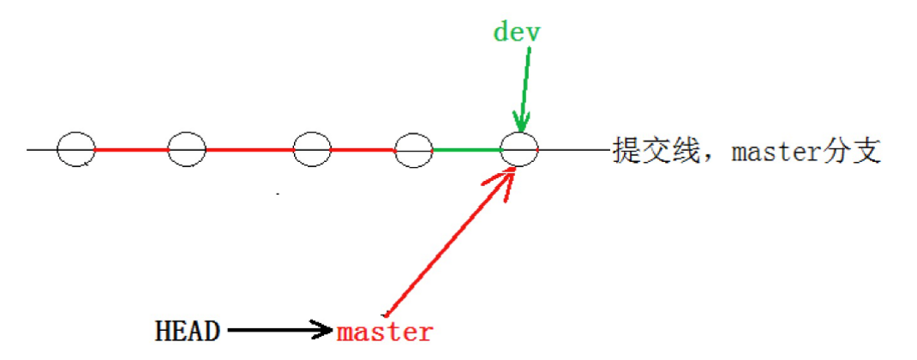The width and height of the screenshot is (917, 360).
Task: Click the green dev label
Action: point(518,33)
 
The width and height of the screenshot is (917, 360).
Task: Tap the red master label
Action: point(385,332)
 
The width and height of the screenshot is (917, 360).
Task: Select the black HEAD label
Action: point(188,330)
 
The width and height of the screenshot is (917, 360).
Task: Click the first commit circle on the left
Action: point(76,150)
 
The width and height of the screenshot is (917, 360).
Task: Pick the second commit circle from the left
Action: point(187,150)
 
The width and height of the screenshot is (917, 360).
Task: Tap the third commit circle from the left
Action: point(311,150)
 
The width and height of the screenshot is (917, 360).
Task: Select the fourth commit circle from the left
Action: point(414,150)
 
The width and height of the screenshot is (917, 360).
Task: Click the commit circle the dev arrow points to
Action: point(519,150)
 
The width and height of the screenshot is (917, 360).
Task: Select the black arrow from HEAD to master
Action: point(279,329)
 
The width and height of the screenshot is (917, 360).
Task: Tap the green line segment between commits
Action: point(466,150)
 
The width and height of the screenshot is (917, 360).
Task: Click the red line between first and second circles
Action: point(131,150)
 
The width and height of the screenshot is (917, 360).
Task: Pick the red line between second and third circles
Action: point(249,150)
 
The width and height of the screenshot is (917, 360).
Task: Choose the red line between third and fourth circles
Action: point(363,150)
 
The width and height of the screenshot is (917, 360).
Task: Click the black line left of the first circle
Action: point(41,150)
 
